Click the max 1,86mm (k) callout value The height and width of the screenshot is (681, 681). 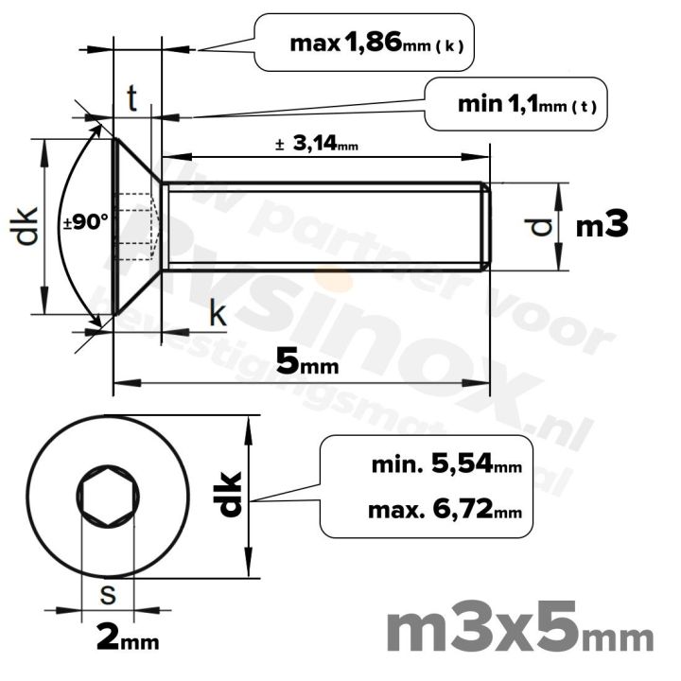(376, 43)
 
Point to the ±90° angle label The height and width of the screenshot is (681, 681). (86, 223)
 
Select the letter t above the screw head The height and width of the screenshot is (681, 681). (132, 98)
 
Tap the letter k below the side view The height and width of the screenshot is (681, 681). (218, 315)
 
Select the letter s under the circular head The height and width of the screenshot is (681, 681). (108, 595)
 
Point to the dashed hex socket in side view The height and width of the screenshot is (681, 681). (138, 224)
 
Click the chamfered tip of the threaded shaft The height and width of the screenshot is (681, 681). (486, 226)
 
